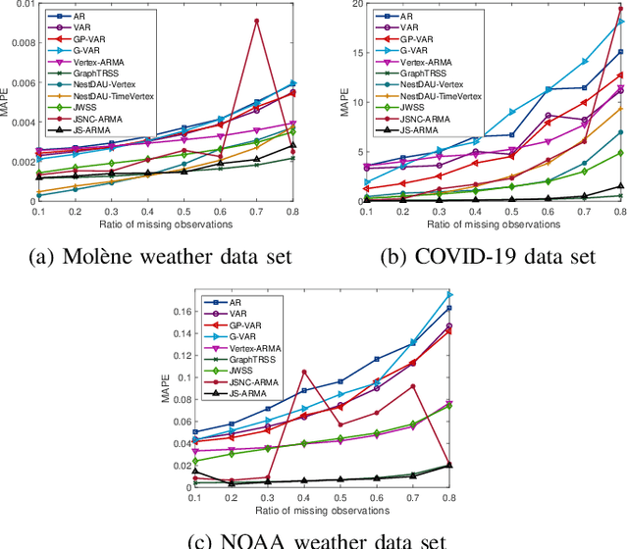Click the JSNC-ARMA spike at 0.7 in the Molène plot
point(257,21)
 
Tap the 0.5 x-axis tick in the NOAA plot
point(340,497)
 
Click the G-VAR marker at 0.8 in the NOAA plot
point(449,294)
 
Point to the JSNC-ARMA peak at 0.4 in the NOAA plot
point(304,372)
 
